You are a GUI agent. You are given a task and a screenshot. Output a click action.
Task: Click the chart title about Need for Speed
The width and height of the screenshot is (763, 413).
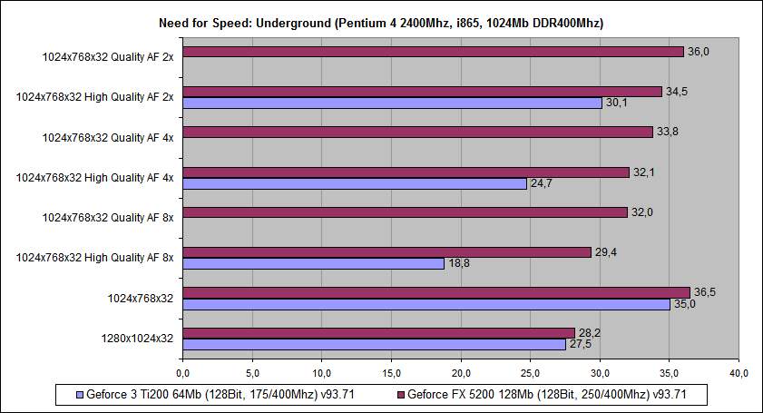381,22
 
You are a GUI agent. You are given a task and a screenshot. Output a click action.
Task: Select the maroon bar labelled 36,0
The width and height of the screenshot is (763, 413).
433,52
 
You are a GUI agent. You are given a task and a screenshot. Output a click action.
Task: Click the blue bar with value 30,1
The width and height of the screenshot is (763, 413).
392,103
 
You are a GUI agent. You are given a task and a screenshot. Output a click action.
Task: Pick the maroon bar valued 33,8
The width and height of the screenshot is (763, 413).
417,133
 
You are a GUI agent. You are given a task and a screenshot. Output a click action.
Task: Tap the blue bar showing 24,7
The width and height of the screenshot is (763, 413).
354,183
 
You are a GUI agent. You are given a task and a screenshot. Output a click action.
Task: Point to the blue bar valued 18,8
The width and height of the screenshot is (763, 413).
313,263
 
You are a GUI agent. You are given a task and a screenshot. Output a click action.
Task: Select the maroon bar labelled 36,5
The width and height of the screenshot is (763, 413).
435,292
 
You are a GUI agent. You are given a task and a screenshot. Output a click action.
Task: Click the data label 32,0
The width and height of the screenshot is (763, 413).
641,211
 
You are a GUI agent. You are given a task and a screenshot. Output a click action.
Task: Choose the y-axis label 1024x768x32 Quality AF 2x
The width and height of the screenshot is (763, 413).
108,56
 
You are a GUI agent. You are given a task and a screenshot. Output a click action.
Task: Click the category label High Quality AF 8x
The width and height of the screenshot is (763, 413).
94,257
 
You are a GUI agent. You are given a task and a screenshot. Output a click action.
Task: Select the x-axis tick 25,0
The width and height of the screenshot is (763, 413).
530,373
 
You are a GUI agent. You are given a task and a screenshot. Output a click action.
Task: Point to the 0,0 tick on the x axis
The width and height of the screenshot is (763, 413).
182,373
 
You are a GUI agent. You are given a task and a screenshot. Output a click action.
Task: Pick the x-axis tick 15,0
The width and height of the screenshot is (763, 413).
391,373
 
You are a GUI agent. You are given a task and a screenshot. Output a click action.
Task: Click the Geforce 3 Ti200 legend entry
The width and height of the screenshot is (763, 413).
215,395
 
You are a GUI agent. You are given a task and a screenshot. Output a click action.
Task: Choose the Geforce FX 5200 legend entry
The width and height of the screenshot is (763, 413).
550,395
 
